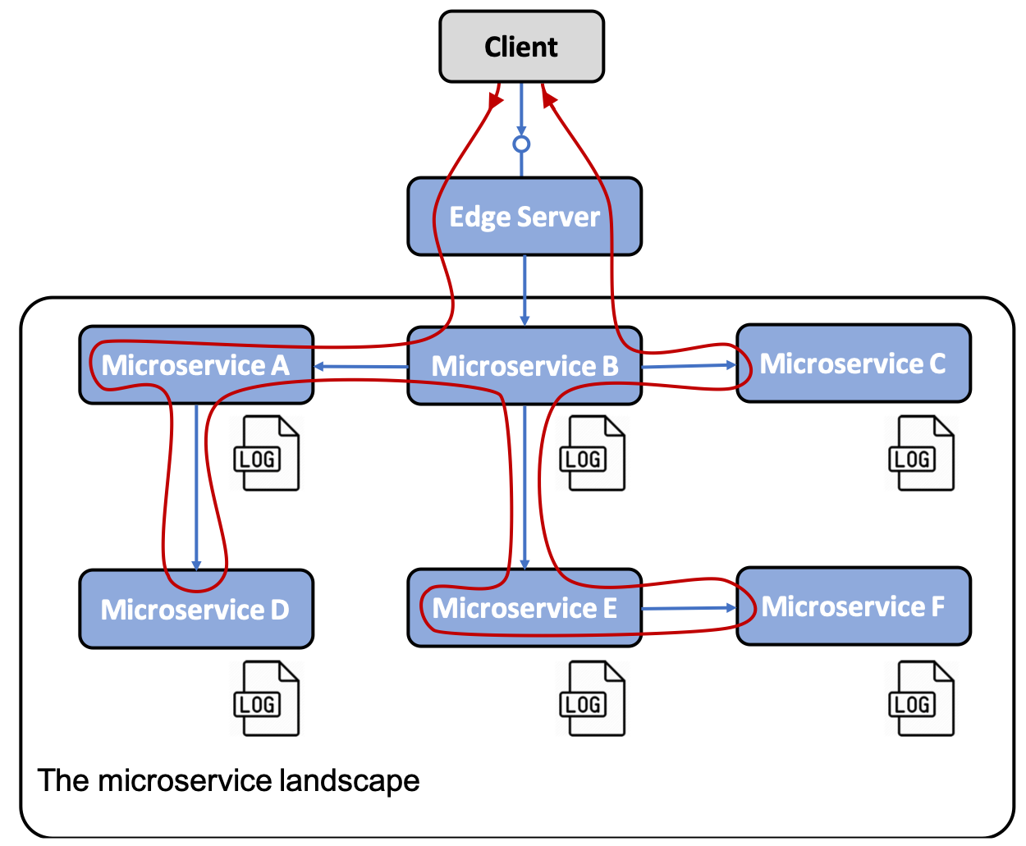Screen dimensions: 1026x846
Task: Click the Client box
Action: tap(521, 47)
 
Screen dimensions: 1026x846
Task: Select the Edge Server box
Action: tap(524, 216)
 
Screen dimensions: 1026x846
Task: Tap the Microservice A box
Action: tap(196, 365)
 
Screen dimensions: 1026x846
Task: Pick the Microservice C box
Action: tap(854, 364)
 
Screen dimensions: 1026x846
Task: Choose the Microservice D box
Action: tap(196, 609)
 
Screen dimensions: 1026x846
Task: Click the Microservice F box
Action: tap(854, 606)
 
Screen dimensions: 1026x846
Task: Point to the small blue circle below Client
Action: tap(521, 144)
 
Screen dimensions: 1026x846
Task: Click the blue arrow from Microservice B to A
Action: tap(361, 367)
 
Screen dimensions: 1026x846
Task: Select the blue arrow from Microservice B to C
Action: tap(689, 365)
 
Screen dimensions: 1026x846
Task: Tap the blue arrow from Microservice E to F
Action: tap(689, 608)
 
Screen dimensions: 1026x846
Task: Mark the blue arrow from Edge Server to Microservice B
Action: tap(524, 290)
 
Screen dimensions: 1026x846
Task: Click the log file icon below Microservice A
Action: tap(266, 453)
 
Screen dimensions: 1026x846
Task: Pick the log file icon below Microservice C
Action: tap(921, 453)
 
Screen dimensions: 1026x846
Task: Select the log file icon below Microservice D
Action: tap(266, 698)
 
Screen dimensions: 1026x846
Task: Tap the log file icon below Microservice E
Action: tap(592, 698)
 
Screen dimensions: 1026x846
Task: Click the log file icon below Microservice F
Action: tap(921, 698)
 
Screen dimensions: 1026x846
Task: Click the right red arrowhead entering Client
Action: tap(548, 98)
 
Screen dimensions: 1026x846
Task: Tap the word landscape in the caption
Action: tap(350, 780)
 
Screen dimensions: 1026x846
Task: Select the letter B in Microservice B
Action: tap(610, 366)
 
